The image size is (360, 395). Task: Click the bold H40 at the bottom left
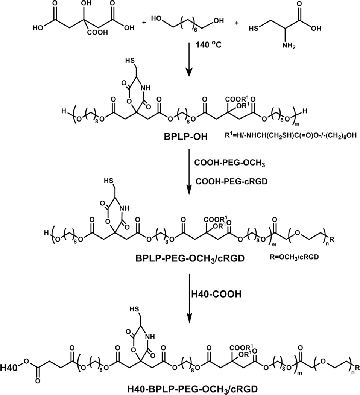pos(9,355)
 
